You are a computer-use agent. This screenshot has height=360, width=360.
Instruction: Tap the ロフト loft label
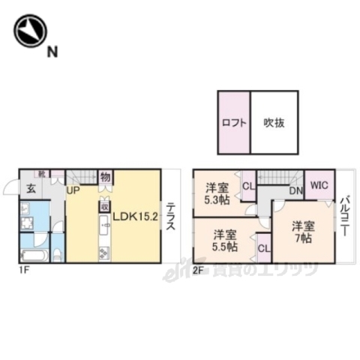click(234, 124)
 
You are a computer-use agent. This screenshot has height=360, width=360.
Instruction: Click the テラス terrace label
click(171, 217)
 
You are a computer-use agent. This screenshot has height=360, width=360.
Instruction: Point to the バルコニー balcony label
click(343, 217)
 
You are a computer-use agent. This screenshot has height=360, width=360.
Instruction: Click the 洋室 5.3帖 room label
click(217, 194)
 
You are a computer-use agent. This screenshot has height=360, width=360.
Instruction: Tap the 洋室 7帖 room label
click(302, 232)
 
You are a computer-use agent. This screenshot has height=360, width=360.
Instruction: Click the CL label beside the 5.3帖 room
click(247, 185)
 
